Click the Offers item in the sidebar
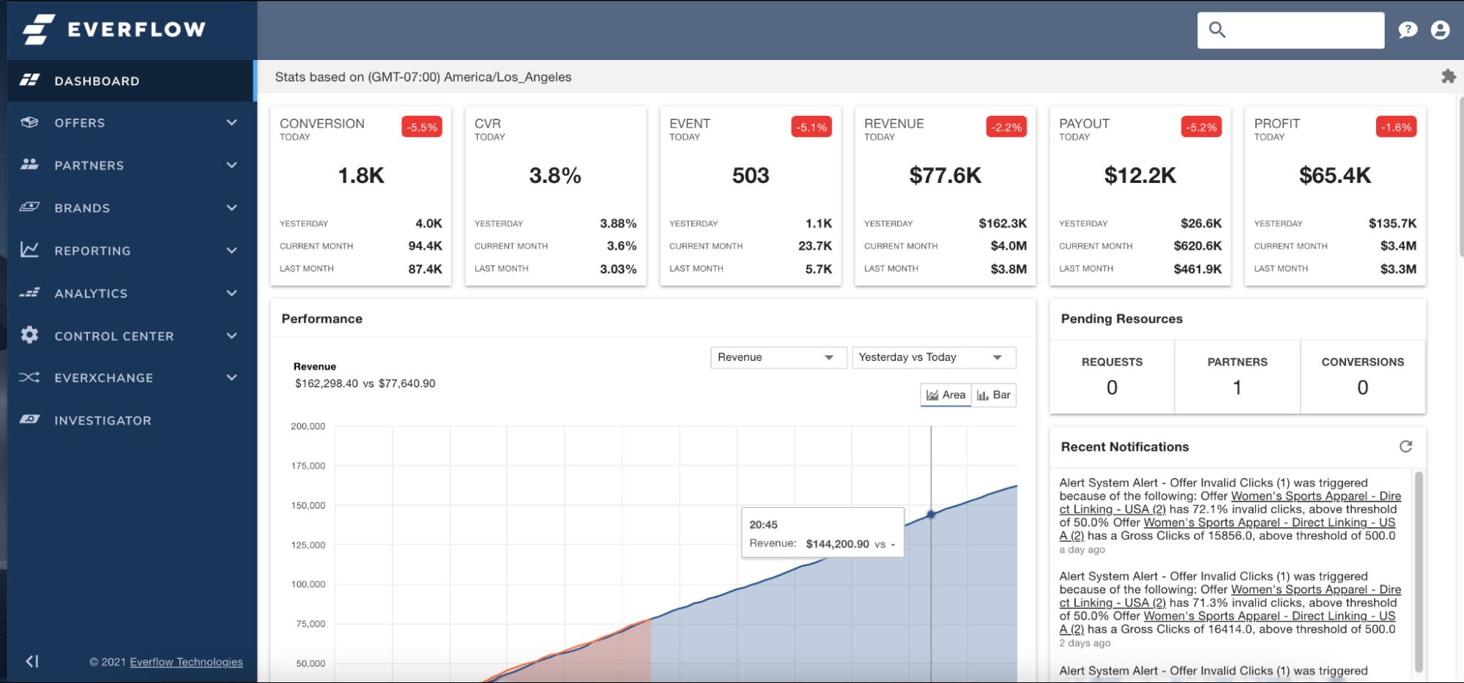point(80,123)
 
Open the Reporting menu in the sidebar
point(92,250)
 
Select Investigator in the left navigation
point(103,420)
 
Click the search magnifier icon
point(1217,30)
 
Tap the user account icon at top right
point(1440,30)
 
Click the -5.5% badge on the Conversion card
point(422,127)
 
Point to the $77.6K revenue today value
point(945,176)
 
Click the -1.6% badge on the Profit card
point(1396,127)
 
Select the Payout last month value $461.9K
point(1197,269)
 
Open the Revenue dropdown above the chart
point(778,357)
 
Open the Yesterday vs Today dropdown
point(933,357)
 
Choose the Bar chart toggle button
point(994,395)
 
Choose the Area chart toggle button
point(945,395)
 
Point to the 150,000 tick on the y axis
point(308,505)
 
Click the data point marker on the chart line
point(931,515)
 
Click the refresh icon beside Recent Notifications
point(1405,447)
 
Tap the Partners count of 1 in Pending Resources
point(1237,387)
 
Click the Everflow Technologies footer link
point(186,662)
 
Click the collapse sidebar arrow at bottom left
point(31,662)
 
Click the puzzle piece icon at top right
point(1448,76)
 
